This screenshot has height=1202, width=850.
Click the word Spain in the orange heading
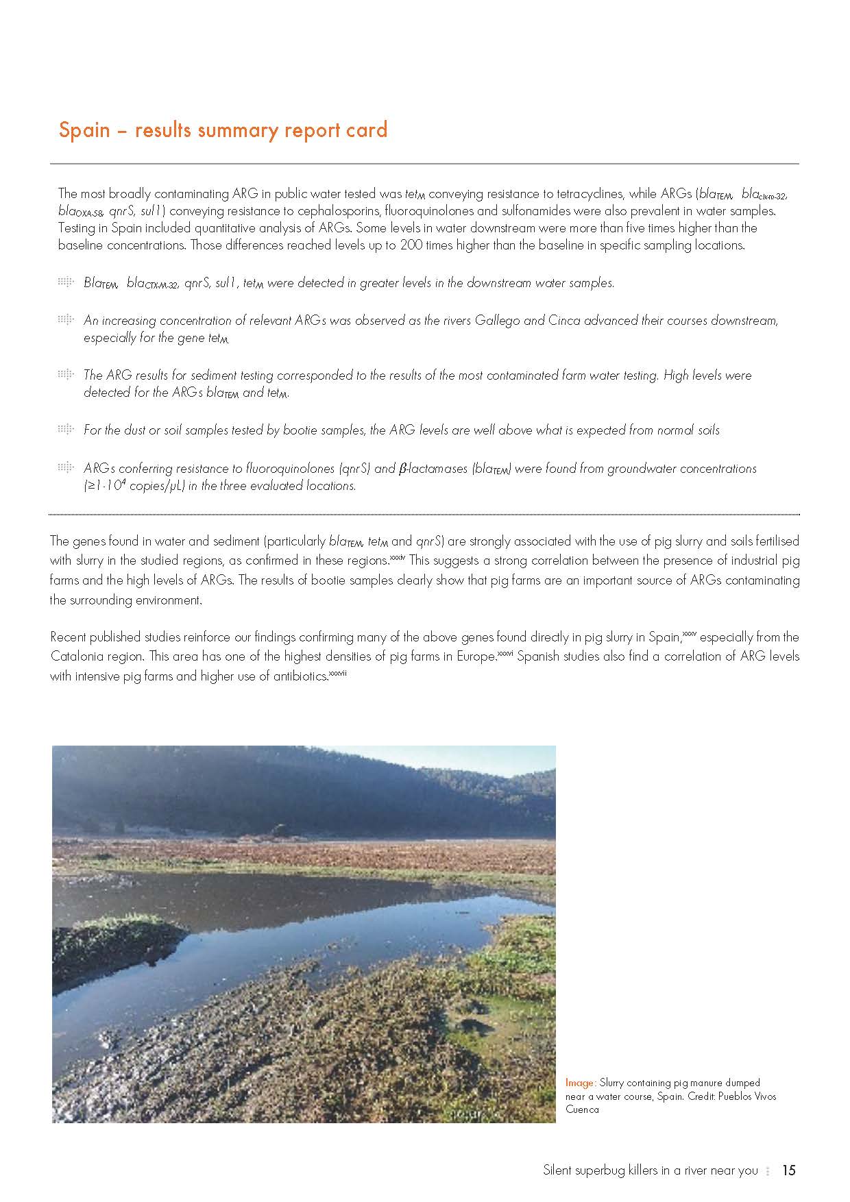[84, 130]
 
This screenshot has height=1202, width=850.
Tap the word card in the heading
[367, 130]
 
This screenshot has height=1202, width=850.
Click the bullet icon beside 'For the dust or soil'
[65, 430]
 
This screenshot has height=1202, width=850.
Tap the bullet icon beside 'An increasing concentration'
[65, 320]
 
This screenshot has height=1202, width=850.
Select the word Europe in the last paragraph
[476, 656]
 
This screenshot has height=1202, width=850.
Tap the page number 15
[788, 1170]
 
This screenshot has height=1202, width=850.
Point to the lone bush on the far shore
[278, 831]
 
